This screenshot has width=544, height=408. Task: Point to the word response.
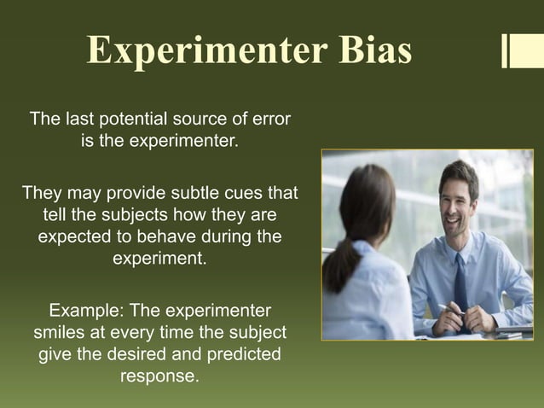pyautogui.click(x=160, y=376)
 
